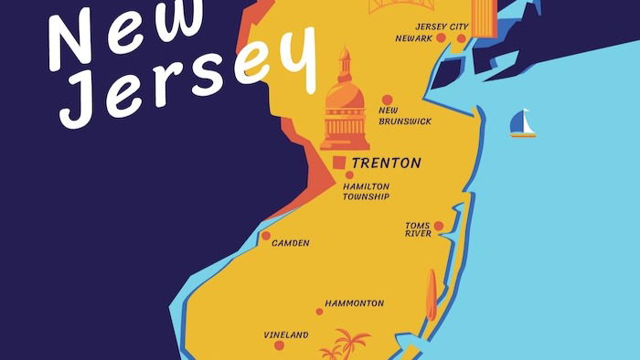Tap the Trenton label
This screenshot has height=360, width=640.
(386, 164)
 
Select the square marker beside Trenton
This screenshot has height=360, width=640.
(339, 163)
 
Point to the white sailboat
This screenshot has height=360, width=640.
(522, 124)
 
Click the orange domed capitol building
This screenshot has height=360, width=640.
(345, 105)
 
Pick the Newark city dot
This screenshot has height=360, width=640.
(442, 38)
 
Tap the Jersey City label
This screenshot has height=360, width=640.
(442, 26)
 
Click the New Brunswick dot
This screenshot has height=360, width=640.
(387, 100)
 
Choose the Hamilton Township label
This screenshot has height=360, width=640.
(366, 191)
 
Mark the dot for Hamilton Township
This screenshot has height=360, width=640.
(349, 175)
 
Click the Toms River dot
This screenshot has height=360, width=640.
(438, 226)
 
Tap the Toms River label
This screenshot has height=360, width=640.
(418, 229)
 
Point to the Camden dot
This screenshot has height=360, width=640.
(266, 235)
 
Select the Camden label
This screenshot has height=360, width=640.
(291, 243)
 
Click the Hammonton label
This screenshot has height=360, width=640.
(354, 303)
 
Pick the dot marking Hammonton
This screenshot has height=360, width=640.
(319, 312)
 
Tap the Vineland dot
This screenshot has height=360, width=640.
(279, 344)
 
